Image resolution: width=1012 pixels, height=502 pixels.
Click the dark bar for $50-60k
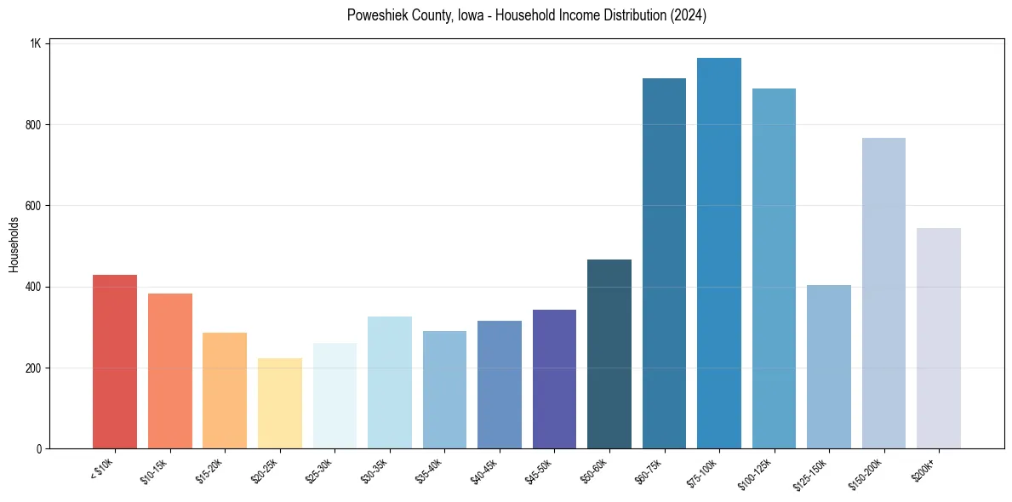[609, 354]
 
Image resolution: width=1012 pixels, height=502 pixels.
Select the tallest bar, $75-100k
[719, 253]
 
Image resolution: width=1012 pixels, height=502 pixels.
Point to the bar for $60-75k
[664, 263]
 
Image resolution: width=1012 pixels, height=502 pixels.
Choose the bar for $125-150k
[829, 367]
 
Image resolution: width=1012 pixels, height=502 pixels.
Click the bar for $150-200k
[883, 293]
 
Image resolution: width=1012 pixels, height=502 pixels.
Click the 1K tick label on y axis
[37, 43]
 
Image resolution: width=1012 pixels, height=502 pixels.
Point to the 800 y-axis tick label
[36, 125]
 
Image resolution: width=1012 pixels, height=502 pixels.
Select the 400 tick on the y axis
[36, 287]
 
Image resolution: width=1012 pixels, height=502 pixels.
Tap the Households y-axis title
[14, 244]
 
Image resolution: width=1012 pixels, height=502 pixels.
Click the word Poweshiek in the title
[374, 15]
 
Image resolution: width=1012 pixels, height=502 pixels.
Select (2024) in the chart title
[689, 15]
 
